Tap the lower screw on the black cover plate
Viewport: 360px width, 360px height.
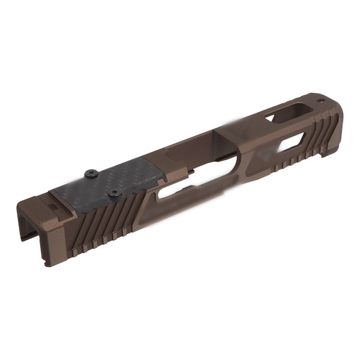114,193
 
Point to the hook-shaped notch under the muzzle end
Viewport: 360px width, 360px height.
327,154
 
